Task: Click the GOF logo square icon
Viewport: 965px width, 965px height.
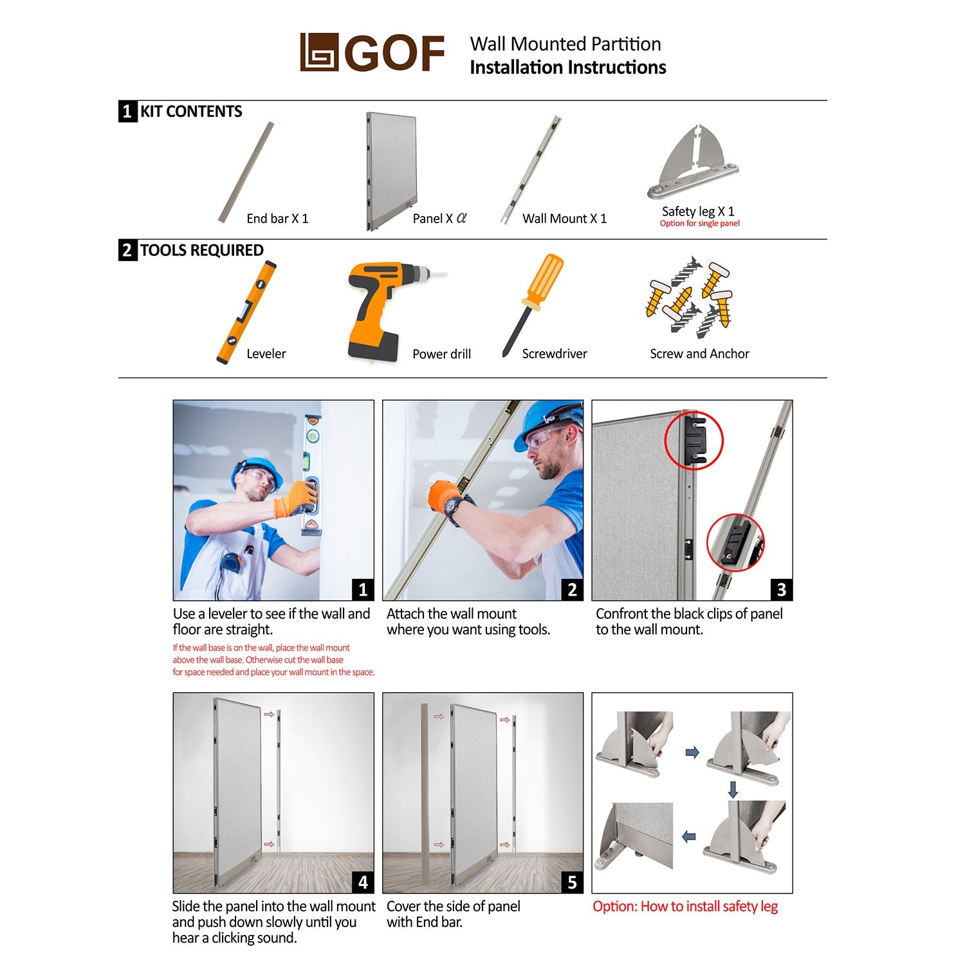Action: point(319,52)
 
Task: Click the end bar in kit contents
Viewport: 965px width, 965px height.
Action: point(246,172)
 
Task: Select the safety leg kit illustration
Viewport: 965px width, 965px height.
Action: point(693,162)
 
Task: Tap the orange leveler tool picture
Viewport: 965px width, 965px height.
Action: point(246,312)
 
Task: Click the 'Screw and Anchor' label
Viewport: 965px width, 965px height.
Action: point(699,354)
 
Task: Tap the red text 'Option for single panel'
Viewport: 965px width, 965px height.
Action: point(699,223)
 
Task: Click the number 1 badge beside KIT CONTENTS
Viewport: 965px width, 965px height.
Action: point(127,111)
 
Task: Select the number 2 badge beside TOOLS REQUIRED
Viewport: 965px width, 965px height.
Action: point(127,250)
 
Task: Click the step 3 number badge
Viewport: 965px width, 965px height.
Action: point(782,589)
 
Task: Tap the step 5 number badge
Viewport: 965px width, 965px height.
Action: point(572,882)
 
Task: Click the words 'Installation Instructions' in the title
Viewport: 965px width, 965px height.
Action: point(568,68)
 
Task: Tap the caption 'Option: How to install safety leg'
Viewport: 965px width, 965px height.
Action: point(685,906)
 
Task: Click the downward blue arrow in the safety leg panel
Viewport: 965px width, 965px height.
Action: point(732,789)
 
